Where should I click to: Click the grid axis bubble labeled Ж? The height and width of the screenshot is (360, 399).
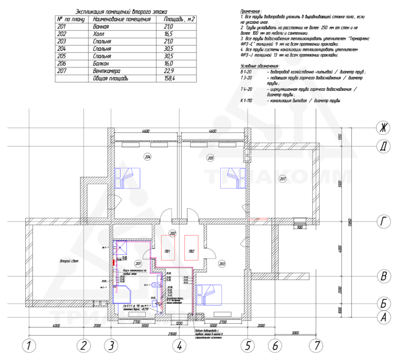[x=383, y=127]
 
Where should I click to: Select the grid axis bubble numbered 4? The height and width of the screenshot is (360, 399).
[x=178, y=345]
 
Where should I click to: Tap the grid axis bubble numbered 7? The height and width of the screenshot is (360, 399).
[x=315, y=345]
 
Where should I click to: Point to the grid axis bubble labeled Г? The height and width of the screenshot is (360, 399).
[x=383, y=223]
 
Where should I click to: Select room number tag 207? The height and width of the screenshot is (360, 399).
[x=282, y=179]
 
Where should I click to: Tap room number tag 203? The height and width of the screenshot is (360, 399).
[x=222, y=264]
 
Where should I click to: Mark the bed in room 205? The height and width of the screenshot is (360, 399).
[x=232, y=178]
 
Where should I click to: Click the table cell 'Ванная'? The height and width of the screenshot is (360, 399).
[x=101, y=26]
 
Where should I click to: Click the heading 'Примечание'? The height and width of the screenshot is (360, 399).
[x=252, y=11]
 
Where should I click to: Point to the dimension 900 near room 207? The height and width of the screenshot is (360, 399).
[x=298, y=227]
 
